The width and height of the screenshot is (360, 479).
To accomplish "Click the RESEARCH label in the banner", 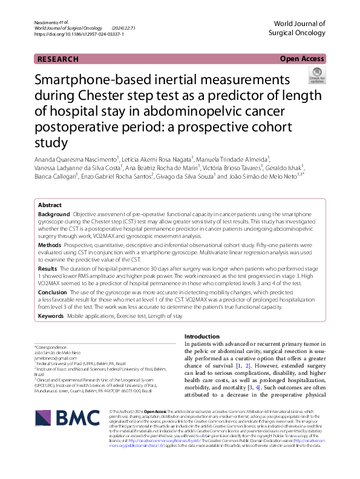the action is tap(58, 59).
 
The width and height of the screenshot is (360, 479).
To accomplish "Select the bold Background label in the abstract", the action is tap(54, 214).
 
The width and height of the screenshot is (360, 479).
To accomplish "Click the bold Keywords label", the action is tap(51, 316).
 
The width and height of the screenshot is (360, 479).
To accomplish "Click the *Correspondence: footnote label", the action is tap(52, 347).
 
